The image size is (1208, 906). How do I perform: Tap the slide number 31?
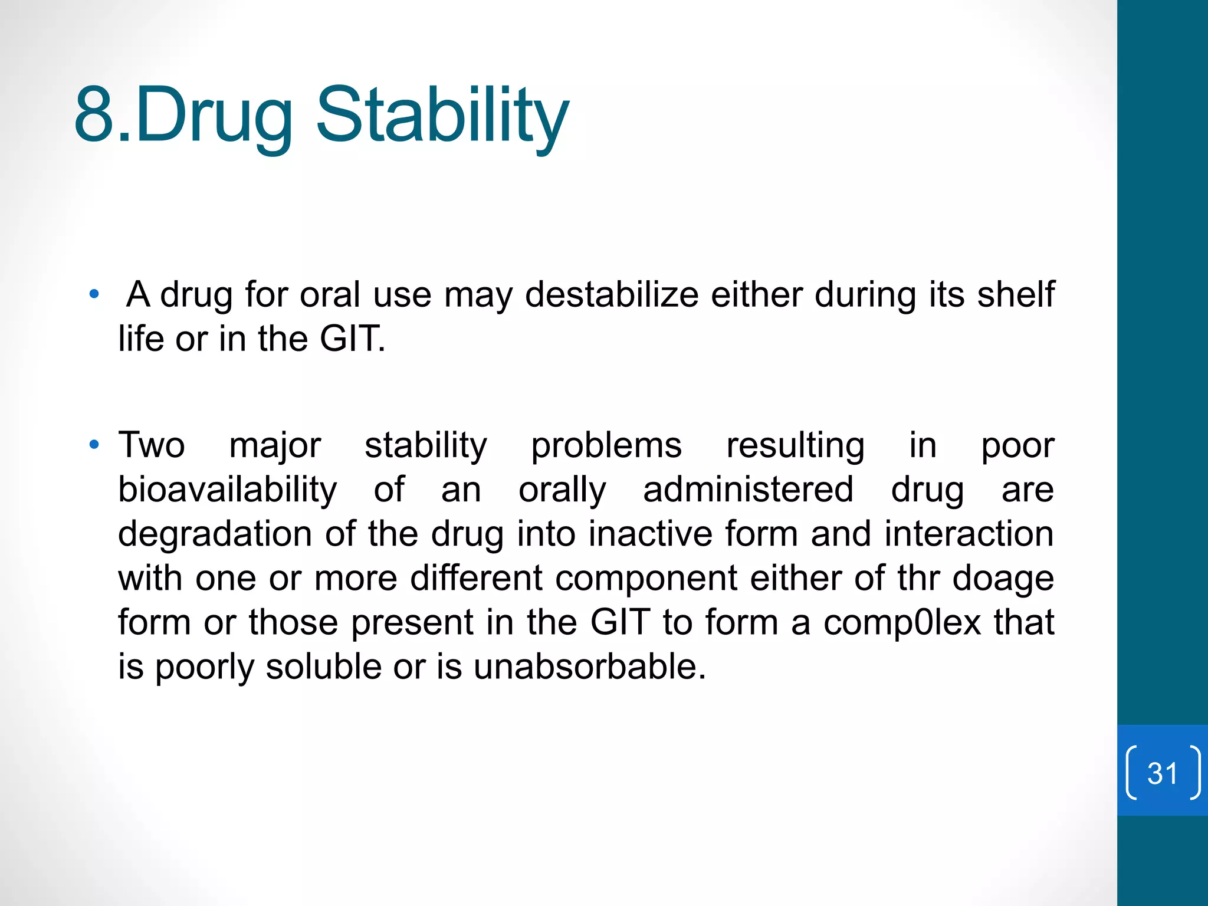pos(1163,773)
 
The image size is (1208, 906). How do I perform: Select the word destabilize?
pos(612,294)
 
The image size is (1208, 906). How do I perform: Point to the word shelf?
pos(1016,294)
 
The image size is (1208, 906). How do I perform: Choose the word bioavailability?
pos(228,490)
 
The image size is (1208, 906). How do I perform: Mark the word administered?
pos(748,490)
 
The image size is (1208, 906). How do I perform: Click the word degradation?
pos(215,534)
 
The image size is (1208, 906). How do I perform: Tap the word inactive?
pos(651,534)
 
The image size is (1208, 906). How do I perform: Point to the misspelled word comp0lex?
pos(902,622)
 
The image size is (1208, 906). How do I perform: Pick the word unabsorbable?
pos(590,667)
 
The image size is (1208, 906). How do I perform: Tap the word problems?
pos(606,446)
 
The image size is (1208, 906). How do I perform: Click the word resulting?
pos(795,446)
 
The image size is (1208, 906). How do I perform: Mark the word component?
pos(646,579)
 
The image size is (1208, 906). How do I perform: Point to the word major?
pos(275,446)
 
